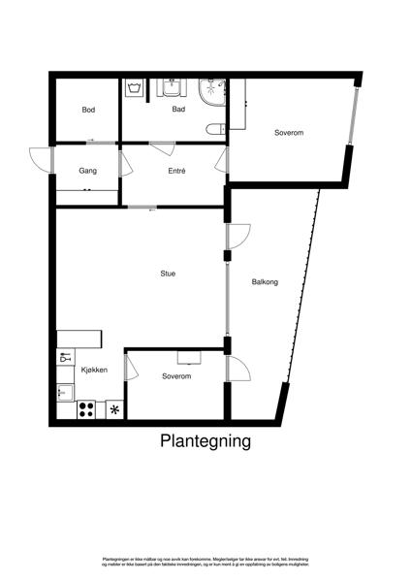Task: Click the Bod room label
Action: click(88, 110)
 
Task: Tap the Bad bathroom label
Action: click(178, 110)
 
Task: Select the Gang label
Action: click(88, 172)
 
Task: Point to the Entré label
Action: click(175, 172)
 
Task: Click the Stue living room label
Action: click(169, 274)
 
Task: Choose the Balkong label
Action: click(265, 282)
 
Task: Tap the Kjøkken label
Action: click(94, 370)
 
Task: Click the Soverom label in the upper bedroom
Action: click(289, 132)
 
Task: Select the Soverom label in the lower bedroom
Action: click(176, 375)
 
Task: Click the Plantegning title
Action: click(205, 441)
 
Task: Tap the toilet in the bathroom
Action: click(215, 129)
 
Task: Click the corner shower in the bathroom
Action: click(210, 92)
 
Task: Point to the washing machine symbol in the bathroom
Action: click(135, 88)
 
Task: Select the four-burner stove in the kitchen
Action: click(85, 409)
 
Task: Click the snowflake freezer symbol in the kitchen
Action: click(115, 410)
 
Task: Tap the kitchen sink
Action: click(65, 393)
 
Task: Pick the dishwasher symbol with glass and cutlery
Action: click(65, 357)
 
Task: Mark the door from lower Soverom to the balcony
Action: click(237, 369)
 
